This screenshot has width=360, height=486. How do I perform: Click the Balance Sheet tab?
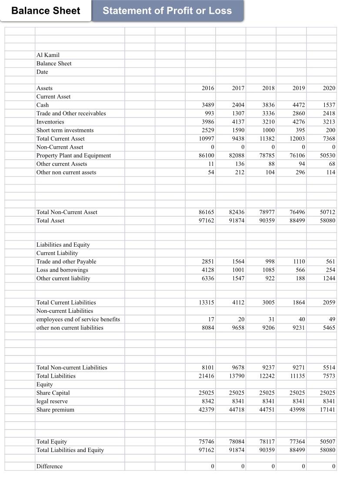(x=46, y=11)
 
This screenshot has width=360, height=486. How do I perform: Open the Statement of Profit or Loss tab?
(x=167, y=11)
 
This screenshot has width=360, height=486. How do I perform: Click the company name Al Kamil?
(x=48, y=55)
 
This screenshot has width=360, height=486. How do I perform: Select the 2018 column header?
(x=268, y=88)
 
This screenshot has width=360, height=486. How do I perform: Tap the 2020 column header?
(x=329, y=88)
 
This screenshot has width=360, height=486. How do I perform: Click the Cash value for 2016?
(x=208, y=105)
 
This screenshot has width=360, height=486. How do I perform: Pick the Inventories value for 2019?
(x=298, y=122)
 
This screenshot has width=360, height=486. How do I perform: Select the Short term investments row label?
(x=65, y=130)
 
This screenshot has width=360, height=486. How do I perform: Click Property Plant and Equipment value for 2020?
(x=327, y=156)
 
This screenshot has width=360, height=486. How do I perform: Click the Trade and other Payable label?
(x=66, y=261)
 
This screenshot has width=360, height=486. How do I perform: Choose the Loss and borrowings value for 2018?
(x=268, y=270)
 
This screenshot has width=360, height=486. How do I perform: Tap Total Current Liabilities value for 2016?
(x=207, y=302)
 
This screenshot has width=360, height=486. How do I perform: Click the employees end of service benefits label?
(x=78, y=319)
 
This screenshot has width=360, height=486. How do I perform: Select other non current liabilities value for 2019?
(x=298, y=328)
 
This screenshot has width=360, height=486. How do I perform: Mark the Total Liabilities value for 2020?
(x=329, y=376)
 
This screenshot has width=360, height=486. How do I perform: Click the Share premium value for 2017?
(x=237, y=410)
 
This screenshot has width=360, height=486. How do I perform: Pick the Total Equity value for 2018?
(x=267, y=442)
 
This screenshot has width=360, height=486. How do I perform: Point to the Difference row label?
(x=49, y=466)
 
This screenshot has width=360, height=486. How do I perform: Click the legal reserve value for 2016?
(x=208, y=401)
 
